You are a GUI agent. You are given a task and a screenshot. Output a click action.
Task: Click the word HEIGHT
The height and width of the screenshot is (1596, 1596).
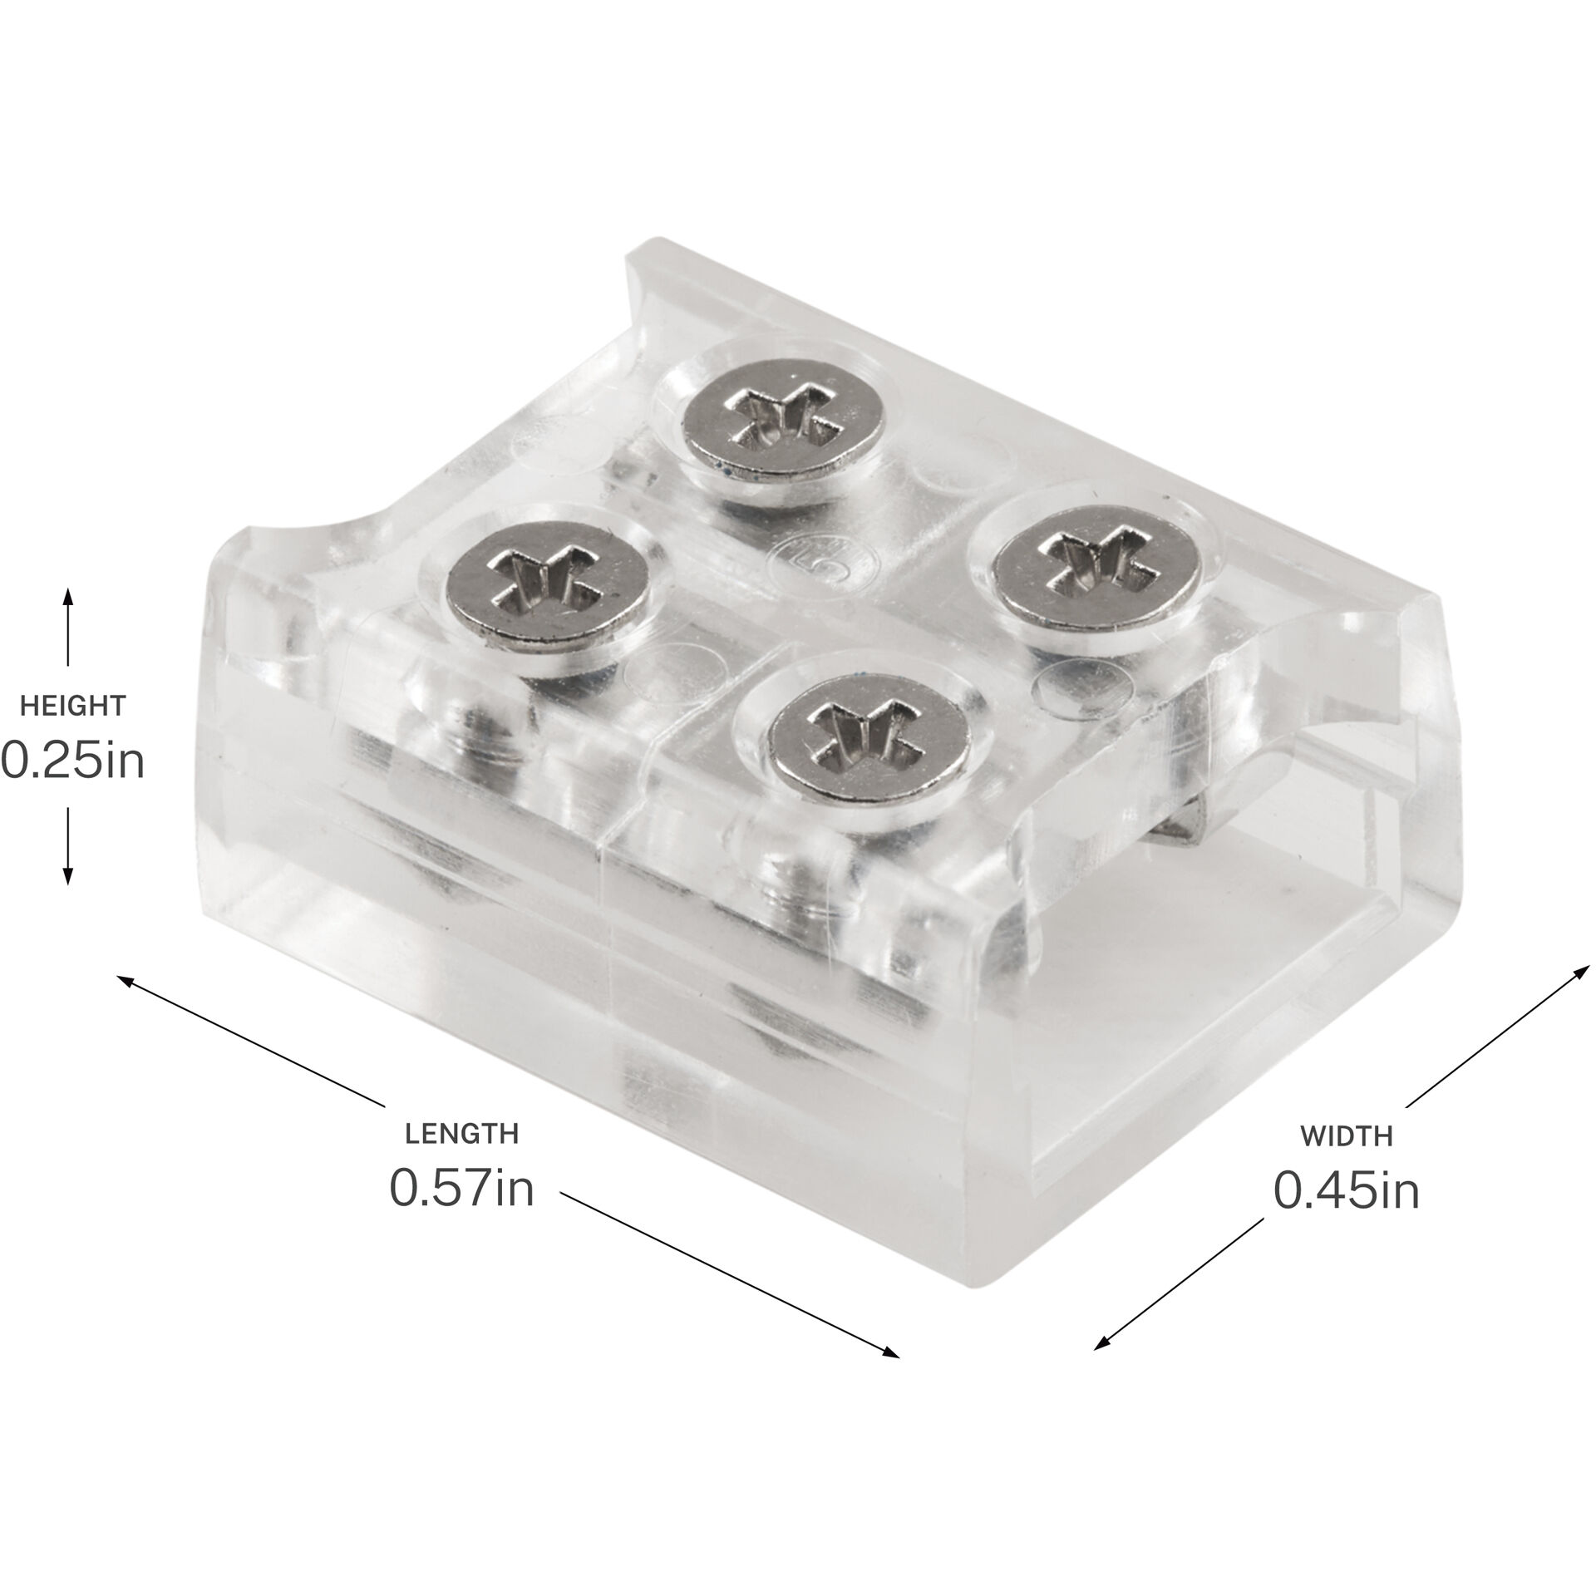[x=72, y=707]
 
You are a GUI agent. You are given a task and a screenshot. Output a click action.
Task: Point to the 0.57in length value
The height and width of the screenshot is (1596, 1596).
[x=461, y=1190]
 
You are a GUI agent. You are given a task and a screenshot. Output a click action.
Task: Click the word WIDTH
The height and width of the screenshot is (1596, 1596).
[x=1346, y=1135]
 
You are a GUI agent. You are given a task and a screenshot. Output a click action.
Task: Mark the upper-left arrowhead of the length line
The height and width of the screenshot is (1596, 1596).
[x=125, y=981]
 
